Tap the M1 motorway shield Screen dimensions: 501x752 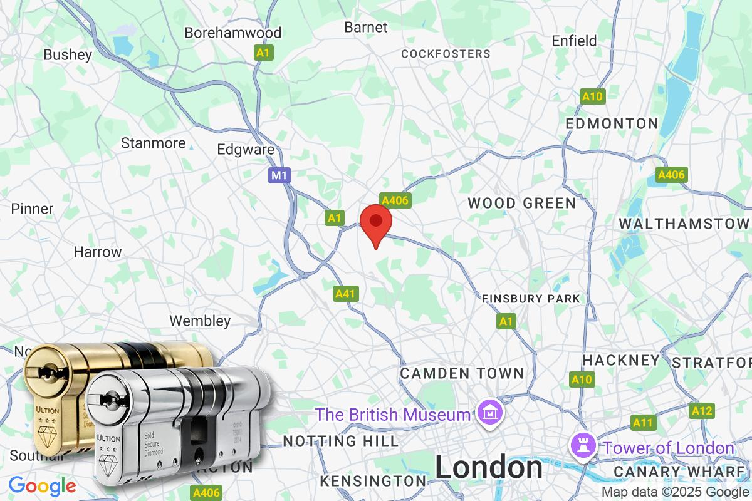279,175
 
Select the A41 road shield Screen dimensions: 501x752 346,293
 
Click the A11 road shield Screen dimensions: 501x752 642,423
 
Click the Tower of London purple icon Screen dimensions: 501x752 580,446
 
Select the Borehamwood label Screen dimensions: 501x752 233,33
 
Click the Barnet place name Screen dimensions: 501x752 366,27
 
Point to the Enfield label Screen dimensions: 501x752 574,41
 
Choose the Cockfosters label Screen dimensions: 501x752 446,54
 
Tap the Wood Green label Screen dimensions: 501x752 521,203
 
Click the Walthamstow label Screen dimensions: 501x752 684,224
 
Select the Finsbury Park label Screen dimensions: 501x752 531,299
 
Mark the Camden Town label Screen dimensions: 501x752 462,373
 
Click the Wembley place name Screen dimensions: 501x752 201,321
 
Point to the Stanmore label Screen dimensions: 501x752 154,143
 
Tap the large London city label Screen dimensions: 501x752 489,467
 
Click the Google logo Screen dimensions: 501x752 43,485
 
